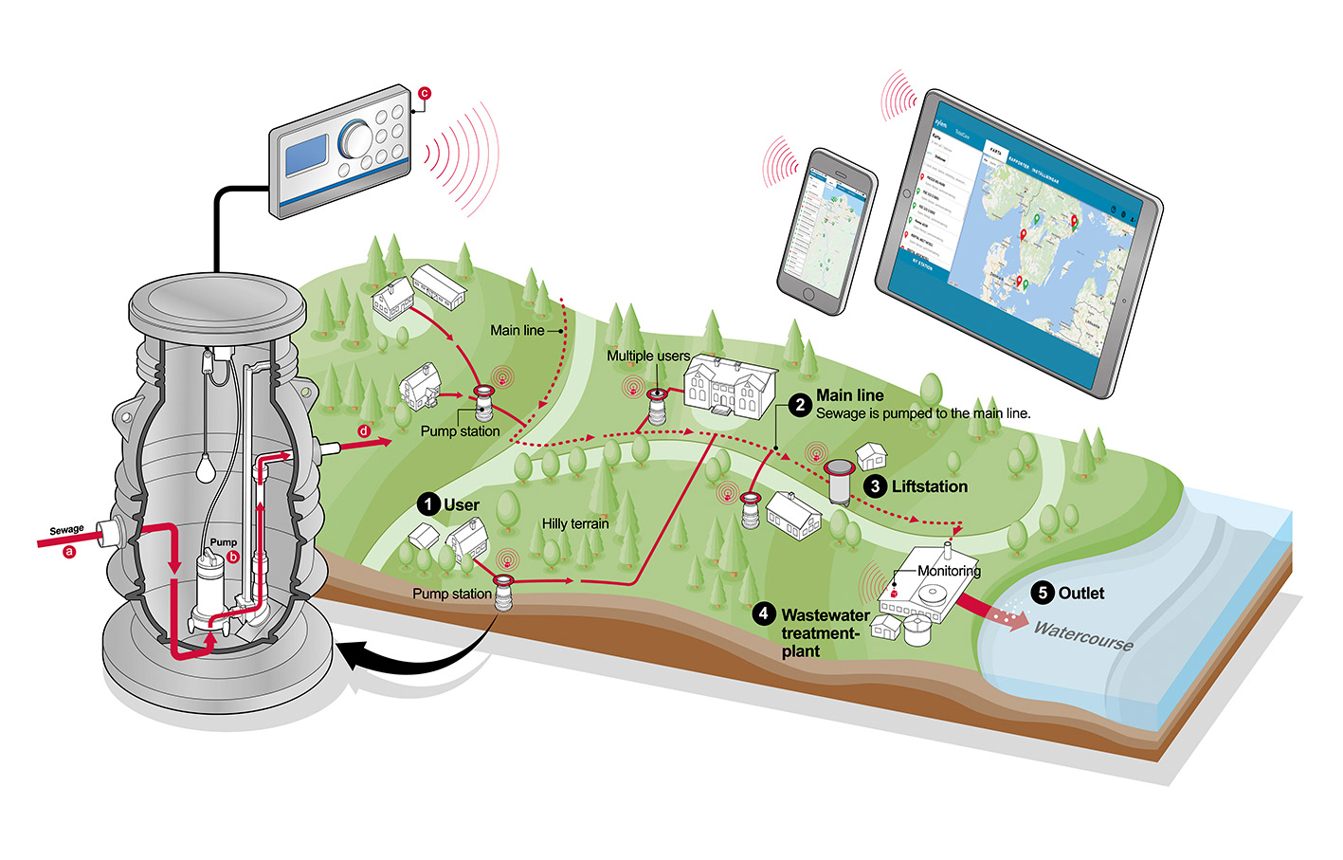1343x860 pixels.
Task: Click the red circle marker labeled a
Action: tap(68, 551)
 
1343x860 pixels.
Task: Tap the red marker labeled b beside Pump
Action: tap(233, 557)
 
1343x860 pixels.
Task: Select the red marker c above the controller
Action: tap(425, 93)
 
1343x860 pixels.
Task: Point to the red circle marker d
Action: tap(364, 431)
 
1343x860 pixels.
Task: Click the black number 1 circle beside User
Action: tap(428, 504)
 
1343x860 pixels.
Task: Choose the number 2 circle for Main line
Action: tap(800, 405)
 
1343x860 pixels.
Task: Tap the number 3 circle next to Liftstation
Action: tap(875, 486)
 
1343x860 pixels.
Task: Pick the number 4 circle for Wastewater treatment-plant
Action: tap(764, 614)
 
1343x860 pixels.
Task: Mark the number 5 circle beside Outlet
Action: tap(1043, 594)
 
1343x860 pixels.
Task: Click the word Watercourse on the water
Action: tap(1083, 635)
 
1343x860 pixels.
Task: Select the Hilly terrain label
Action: tap(575, 523)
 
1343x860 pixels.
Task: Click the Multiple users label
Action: tap(648, 356)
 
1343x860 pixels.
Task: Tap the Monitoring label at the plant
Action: tap(949, 571)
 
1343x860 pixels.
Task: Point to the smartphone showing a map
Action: tap(826, 229)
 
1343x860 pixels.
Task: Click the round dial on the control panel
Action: tap(356, 138)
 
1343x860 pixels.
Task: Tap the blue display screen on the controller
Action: tap(306, 154)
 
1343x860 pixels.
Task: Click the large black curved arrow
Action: tap(398, 654)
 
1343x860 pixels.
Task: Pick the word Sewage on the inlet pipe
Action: tap(66, 530)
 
